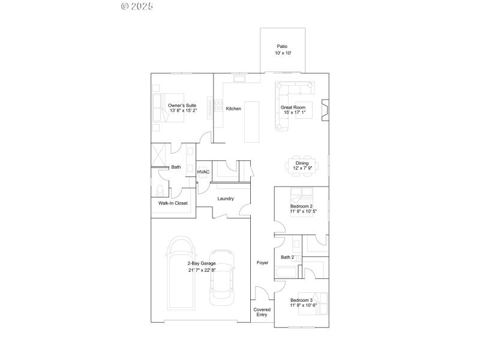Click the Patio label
(x=283, y=46)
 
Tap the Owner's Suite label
(x=182, y=106)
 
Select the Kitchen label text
(x=233, y=109)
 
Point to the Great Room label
(x=293, y=107)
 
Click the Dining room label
(x=302, y=163)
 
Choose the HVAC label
(x=203, y=172)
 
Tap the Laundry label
(x=226, y=199)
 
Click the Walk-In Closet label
(x=173, y=203)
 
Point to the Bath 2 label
(x=288, y=257)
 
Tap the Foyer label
(x=262, y=263)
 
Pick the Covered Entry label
(x=262, y=313)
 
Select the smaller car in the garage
(x=221, y=278)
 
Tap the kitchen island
(x=253, y=121)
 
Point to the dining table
(x=302, y=166)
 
